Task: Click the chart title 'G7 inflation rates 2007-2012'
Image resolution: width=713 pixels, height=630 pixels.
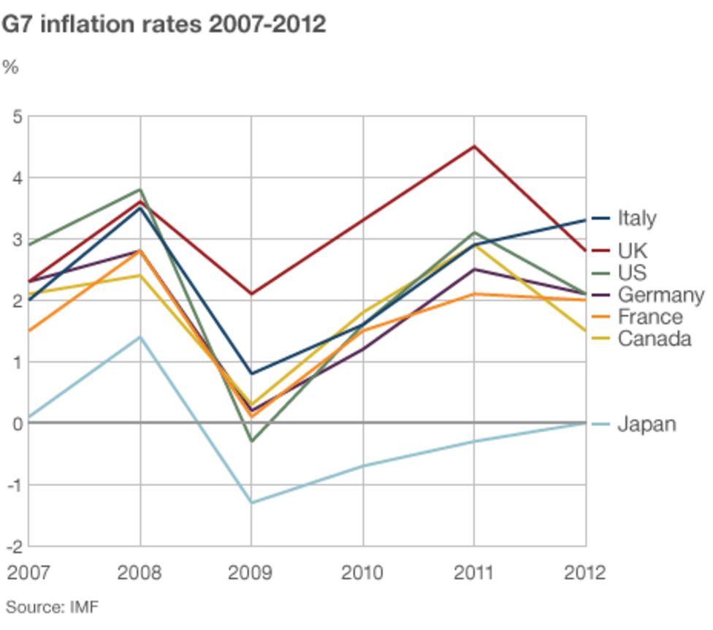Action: [164, 25]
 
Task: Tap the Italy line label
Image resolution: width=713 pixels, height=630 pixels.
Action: [636, 218]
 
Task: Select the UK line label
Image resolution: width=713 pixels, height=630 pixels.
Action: [632, 251]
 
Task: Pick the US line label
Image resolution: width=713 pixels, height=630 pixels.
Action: [632, 273]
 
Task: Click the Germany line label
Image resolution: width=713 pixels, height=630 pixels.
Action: [660, 295]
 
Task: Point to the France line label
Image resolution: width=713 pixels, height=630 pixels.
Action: [649, 317]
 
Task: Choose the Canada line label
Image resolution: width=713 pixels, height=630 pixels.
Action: [654, 339]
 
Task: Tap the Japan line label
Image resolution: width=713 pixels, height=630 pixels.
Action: [647, 424]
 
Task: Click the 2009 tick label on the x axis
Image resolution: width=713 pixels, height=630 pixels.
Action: [251, 572]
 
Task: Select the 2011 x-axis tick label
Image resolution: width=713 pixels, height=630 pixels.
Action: [474, 572]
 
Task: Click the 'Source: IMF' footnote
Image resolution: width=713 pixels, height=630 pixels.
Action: [52, 607]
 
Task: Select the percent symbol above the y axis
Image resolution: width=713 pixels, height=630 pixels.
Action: [10, 67]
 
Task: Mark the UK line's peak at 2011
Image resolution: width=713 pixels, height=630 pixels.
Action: [474, 146]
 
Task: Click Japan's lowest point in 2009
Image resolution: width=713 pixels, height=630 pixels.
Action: [251, 503]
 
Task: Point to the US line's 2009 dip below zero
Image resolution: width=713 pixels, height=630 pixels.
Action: [251, 441]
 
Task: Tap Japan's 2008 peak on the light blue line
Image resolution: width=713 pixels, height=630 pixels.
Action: [140, 337]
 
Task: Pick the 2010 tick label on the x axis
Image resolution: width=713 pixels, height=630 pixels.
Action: [363, 572]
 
